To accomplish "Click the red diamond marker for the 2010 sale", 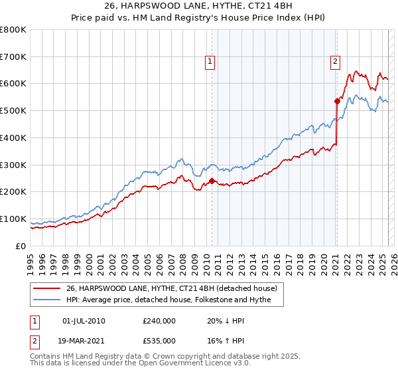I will [212, 181].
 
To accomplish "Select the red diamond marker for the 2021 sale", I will [337, 101].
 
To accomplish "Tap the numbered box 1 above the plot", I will [210, 62].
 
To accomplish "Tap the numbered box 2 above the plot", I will [335, 62].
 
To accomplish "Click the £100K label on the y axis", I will [15, 219].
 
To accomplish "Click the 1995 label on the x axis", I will [31, 259].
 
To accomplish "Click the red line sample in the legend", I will [46, 288].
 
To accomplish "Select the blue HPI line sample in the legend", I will [46, 300].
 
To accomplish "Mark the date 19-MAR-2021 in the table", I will [83, 340].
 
